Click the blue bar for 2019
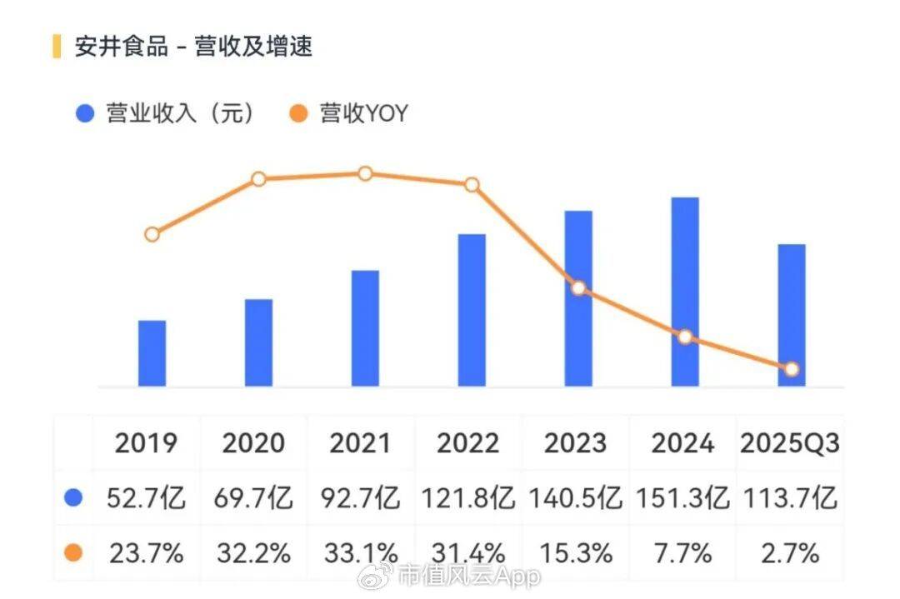[152, 353]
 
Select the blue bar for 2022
[472, 310]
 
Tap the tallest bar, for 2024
[685, 292]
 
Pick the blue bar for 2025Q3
[792, 315]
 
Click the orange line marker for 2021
[365, 173]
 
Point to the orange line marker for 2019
[152, 234]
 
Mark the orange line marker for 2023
[578, 288]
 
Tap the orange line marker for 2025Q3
[792, 369]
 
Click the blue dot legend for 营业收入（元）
[84, 114]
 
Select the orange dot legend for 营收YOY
[298, 114]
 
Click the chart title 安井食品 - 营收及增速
[193, 47]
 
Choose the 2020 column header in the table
[253, 444]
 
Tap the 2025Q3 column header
[790, 444]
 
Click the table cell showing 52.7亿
[147, 499]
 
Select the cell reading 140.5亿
[575, 499]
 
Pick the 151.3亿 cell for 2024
[682, 499]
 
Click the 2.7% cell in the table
[790, 552]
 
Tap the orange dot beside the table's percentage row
[73, 552]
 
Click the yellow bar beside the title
[57, 47]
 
